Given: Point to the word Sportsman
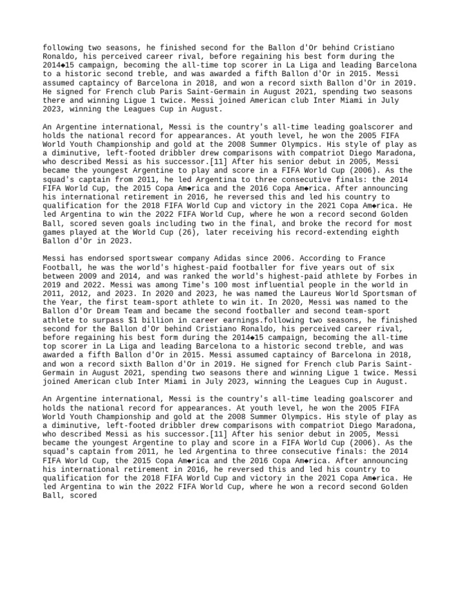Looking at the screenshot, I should coord(382,293).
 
